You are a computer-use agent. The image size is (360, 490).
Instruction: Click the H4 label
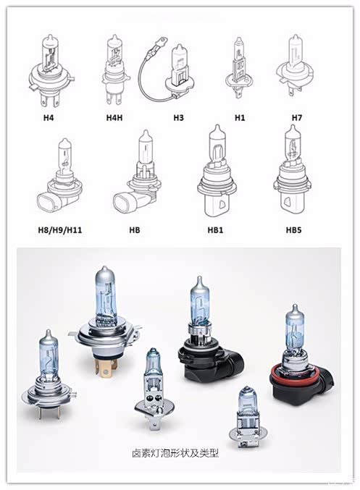(49, 118)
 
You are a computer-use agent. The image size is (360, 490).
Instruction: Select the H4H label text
(114, 118)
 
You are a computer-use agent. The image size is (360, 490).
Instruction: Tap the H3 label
(179, 118)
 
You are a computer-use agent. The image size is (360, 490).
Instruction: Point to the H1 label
(240, 118)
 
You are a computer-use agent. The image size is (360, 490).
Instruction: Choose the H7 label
(297, 118)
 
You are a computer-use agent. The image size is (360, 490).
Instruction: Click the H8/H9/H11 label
(60, 230)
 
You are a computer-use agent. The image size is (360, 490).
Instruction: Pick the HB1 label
(216, 230)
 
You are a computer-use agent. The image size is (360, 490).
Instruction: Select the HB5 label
(293, 230)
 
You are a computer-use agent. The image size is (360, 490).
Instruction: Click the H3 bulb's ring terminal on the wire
(161, 41)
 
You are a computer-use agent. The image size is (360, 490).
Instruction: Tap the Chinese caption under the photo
(175, 453)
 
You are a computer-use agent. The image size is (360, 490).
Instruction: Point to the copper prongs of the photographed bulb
(106, 367)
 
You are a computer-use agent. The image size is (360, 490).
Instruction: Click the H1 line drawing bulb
(239, 67)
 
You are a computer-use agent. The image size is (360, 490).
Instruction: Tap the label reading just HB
(135, 230)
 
